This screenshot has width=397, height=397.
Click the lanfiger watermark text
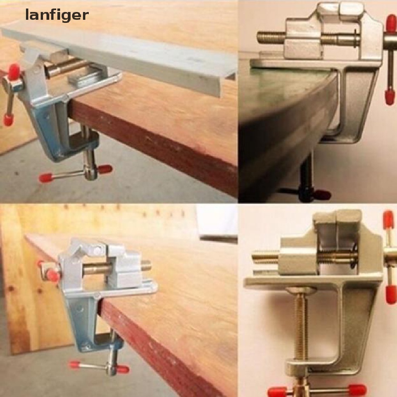(57, 15)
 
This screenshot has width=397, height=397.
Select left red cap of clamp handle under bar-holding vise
(45, 178)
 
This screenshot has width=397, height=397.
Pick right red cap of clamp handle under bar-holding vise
(105, 169)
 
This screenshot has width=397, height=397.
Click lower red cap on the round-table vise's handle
(390, 97)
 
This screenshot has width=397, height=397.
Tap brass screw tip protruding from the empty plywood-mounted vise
(146, 266)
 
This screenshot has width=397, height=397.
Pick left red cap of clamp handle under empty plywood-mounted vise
(75, 364)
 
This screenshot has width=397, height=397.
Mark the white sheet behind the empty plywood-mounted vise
(217, 221)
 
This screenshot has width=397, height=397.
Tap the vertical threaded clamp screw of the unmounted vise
(300, 326)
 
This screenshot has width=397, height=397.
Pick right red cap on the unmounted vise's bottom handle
(357, 389)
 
